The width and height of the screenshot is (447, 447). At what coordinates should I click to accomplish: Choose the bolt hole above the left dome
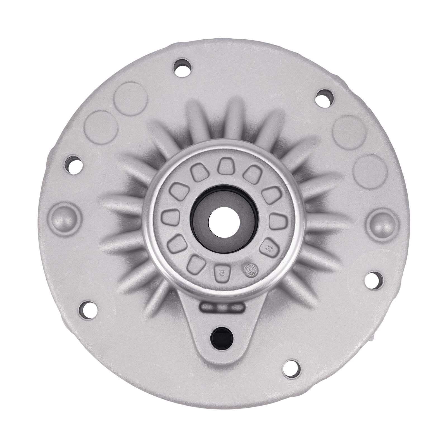click(74, 164)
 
